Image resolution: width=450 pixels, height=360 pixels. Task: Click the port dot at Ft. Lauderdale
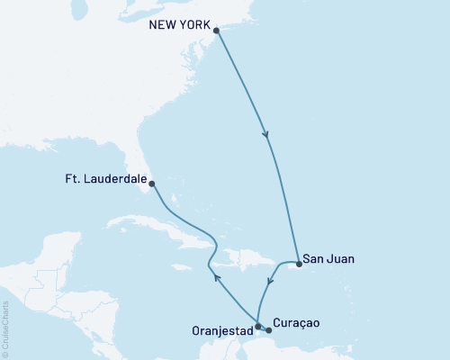pos(151,184)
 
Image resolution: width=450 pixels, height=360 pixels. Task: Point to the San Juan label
pos(328,258)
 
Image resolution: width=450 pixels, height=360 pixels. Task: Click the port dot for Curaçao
pos(267,330)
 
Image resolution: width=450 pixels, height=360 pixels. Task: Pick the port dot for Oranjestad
pos(257,326)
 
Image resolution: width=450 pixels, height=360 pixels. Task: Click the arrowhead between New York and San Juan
pos(265,136)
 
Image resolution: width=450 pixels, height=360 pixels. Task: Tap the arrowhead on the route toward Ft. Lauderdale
pos(216,277)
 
